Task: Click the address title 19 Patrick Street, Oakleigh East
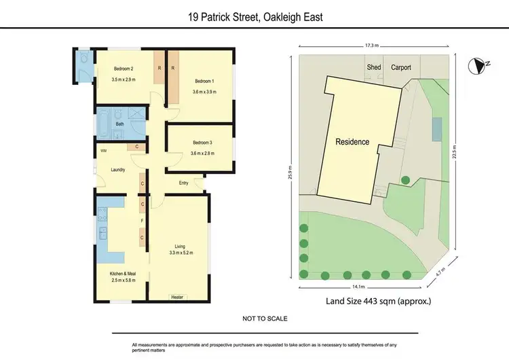pos(254,16)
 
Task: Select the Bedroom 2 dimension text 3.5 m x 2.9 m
pos(124,79)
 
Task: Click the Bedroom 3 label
pos(203,143)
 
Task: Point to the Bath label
pos(119,124)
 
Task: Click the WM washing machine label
pos(104,151)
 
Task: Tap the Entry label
pos(183,183)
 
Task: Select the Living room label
pos(180,246)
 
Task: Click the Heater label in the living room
pos(178,297)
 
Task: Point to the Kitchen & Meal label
pos(123,273)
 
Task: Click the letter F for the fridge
pos(142,221)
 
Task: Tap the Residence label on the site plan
pos(353,142)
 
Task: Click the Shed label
pos(374,67)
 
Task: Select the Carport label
pos(402,67)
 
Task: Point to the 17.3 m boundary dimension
pos(370,46)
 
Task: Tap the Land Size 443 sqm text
pos(379,300)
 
